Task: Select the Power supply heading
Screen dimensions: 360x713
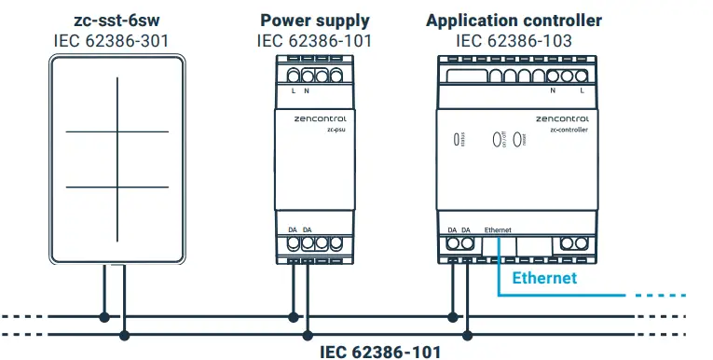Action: click(x=314, y=20)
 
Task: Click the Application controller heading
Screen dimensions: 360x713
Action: click(x=514, y=20)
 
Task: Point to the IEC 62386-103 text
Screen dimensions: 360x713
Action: click(x=514, y=40)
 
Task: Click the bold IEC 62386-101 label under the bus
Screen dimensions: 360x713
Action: click(x=380, y=351)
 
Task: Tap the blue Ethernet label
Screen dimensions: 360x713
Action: click(x=545, y=278)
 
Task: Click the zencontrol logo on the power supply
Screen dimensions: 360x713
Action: click(x=315, y=119)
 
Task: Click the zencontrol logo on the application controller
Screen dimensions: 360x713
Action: click(x=562, y=119)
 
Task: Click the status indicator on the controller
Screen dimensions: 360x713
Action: click(x=456, y=140)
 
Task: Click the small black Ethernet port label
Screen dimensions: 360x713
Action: click(x=499, y=228)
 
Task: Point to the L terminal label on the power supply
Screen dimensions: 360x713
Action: click(x=294, y=90)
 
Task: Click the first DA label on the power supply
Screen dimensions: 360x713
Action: click(x=293, y=228)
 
